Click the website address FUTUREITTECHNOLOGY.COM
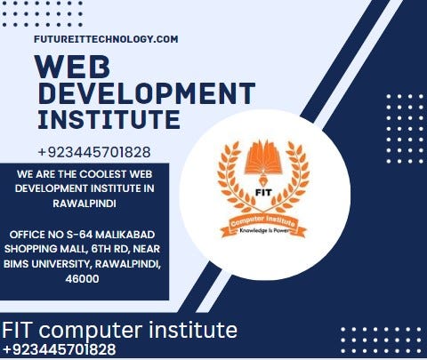pos(106,39)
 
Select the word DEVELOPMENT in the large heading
pos(146,94)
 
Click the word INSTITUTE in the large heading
pos(109,119)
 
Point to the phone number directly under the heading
pos(94,152)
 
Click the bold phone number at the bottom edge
pos(59,350)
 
